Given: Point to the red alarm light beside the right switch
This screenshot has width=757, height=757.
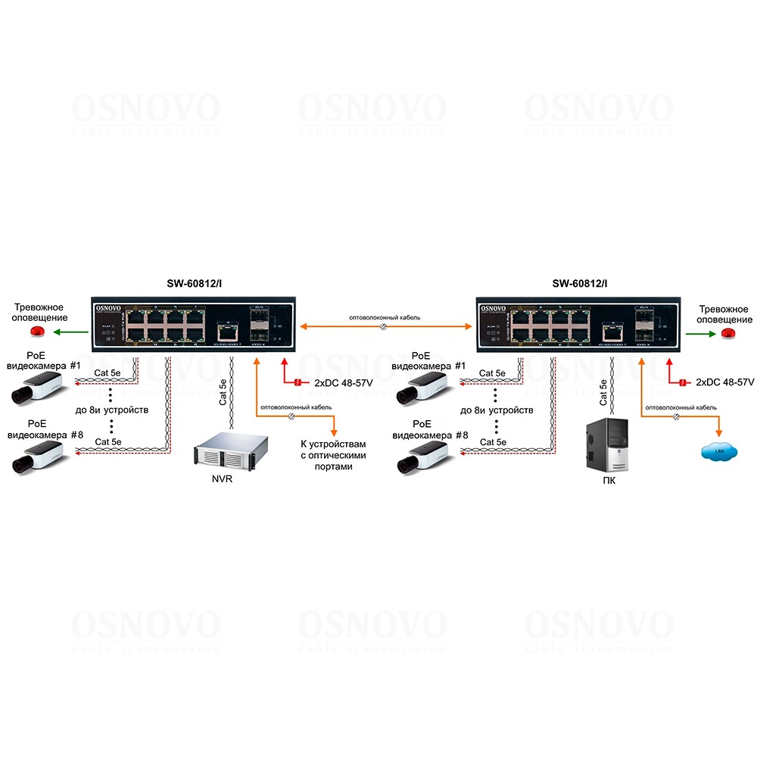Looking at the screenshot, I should point(727,332).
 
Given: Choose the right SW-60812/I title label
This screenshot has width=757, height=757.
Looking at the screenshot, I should point(579,284).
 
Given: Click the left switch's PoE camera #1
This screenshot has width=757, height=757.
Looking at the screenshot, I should point(33,391).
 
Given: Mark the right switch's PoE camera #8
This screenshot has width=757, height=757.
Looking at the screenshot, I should point(421,456).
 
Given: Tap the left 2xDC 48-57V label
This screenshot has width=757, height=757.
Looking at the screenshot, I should point(343,383).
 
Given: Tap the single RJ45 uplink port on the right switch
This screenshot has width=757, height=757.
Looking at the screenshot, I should point(608,330).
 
